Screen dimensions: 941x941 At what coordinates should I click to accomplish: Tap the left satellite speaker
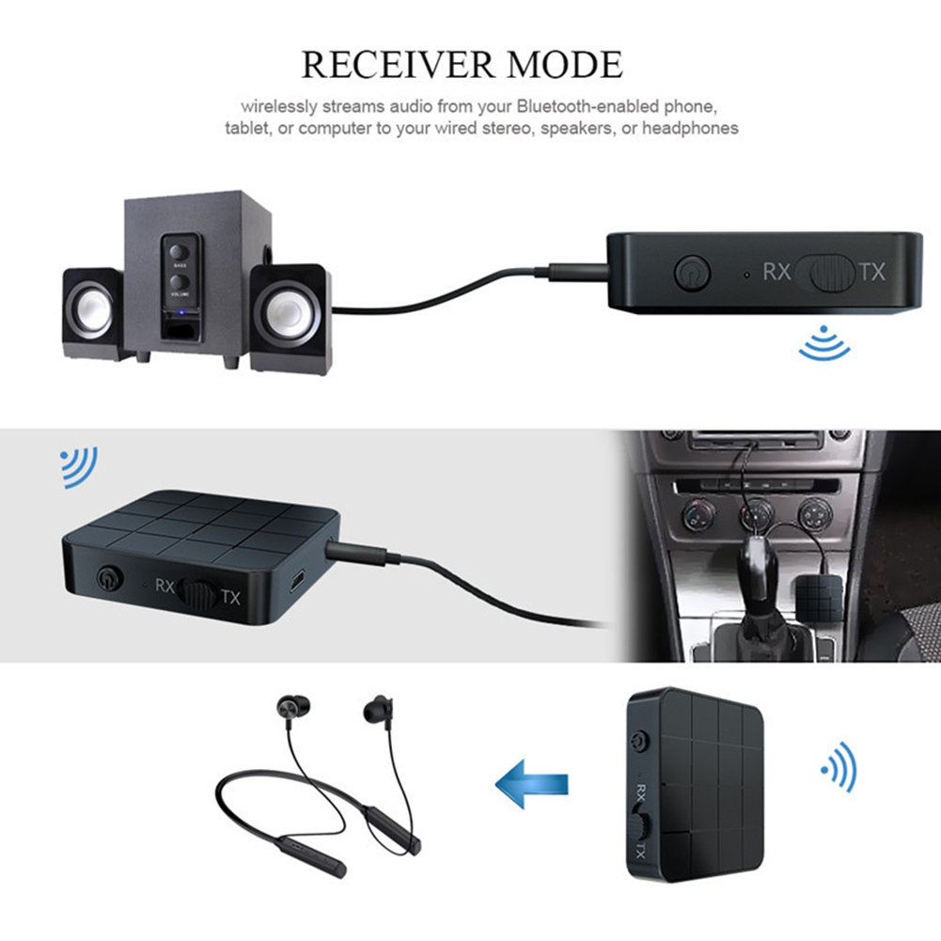coord(91,313)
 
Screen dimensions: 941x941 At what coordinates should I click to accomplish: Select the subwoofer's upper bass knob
coord(177,251)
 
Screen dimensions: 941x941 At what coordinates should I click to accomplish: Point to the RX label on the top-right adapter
coord(776,273)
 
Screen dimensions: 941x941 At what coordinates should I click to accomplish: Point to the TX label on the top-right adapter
coord(872,273)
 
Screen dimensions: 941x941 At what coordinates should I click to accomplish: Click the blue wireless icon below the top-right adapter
coord(823,346)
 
